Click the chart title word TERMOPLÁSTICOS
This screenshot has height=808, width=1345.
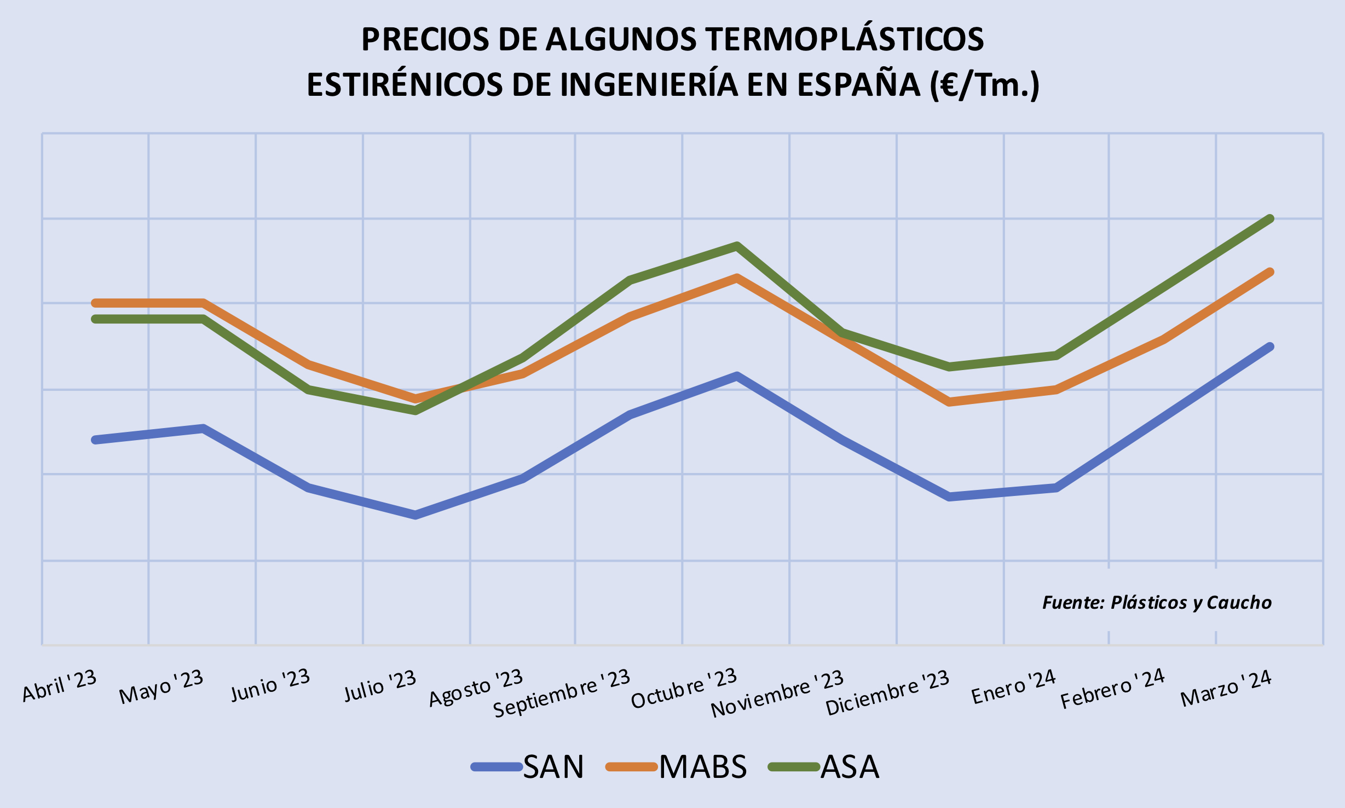[844, 39]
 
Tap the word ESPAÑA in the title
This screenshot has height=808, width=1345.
[858, 85]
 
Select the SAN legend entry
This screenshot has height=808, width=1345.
[553, 766]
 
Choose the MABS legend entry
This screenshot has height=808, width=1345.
[702, 766]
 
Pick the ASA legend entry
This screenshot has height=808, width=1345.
[850, 766]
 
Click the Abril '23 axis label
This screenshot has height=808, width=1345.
[59, 686]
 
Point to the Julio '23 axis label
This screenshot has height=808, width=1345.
[380, 686]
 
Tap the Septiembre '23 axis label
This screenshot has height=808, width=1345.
[562, 692]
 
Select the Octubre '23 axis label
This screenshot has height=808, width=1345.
[684, 689]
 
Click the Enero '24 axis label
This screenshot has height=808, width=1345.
[1013, 687]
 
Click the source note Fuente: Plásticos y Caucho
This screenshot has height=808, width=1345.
[1157, 603]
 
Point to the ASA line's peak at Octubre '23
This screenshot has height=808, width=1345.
[737, 246]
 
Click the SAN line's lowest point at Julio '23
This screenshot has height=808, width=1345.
[415, 515]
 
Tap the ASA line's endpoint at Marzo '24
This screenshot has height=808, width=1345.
[1270, 219]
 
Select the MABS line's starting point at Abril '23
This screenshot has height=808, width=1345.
[96, 303]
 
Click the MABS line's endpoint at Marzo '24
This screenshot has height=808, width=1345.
[1270, 272]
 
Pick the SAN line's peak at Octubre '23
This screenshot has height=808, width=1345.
[737, 376]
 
